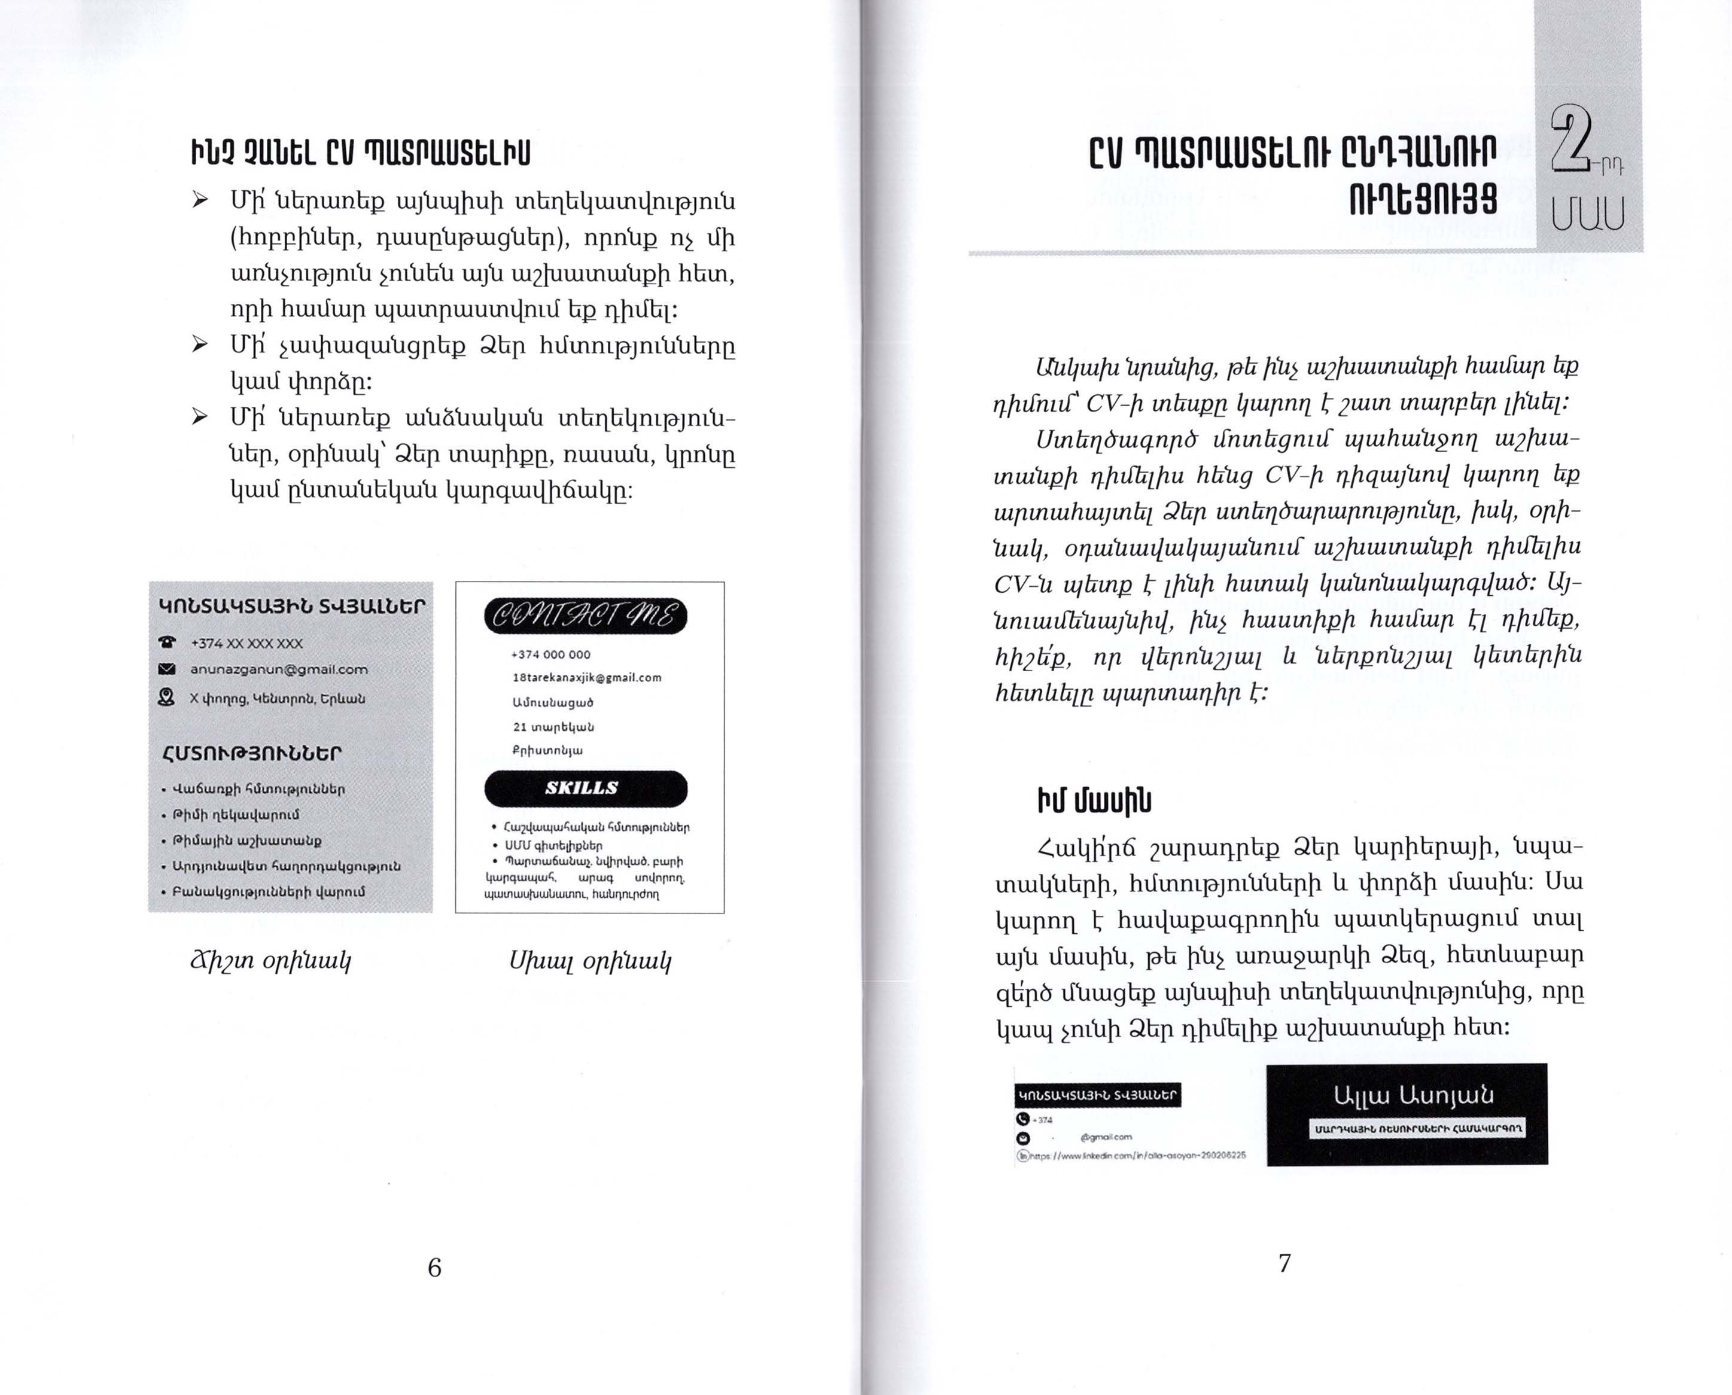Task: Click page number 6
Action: tap(434, 1267)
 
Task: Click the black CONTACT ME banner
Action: tap(585, 616)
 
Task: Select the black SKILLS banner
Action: tap(585, 788)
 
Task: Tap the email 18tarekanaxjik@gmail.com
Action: tap(587, 677)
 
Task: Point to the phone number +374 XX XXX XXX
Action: tap(246, 643)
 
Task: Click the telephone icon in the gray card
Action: tap(167, 642)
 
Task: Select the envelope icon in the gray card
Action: tap(167, 669)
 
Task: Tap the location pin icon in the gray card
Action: tap(166, 697)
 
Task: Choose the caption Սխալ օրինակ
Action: tap(590, 960)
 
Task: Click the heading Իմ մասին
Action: tap(1094, 800)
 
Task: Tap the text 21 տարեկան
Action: tap(554, 726)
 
